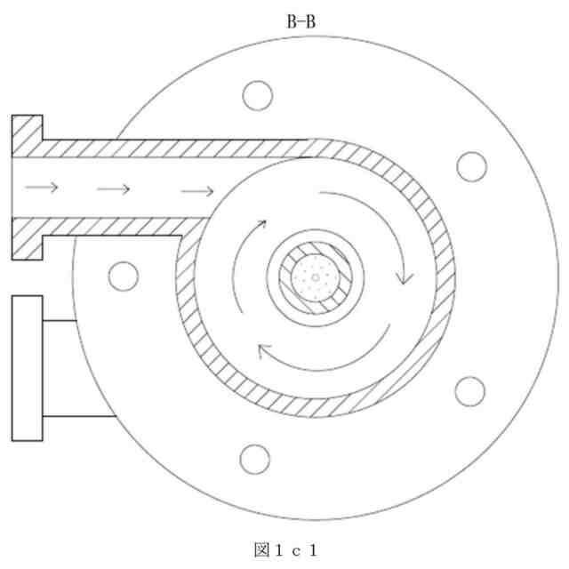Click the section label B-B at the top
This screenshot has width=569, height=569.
pyautogui.click(x=301, y=21)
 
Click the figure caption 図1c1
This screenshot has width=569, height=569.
pyautogui.click(x=286, y=550)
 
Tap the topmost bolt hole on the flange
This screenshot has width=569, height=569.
pyautogui.click(x=257, y=95)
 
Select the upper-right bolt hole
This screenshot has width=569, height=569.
pyautogui.click(x=471, y=167)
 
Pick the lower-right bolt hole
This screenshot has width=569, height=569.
pyautogui.click(x=469, y=391)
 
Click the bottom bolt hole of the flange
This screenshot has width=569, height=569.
pyautogui.click(x=255, y=459)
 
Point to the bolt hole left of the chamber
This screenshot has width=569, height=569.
pyautogui.click(x=124, y=276)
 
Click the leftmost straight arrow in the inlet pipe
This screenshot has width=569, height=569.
pyautogui.click(x=42, y=188)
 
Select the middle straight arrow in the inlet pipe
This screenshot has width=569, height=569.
pyautogui.click(x=114, y=189)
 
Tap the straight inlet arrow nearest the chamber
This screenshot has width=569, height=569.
pyautogui.click(x=197, y=191)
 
